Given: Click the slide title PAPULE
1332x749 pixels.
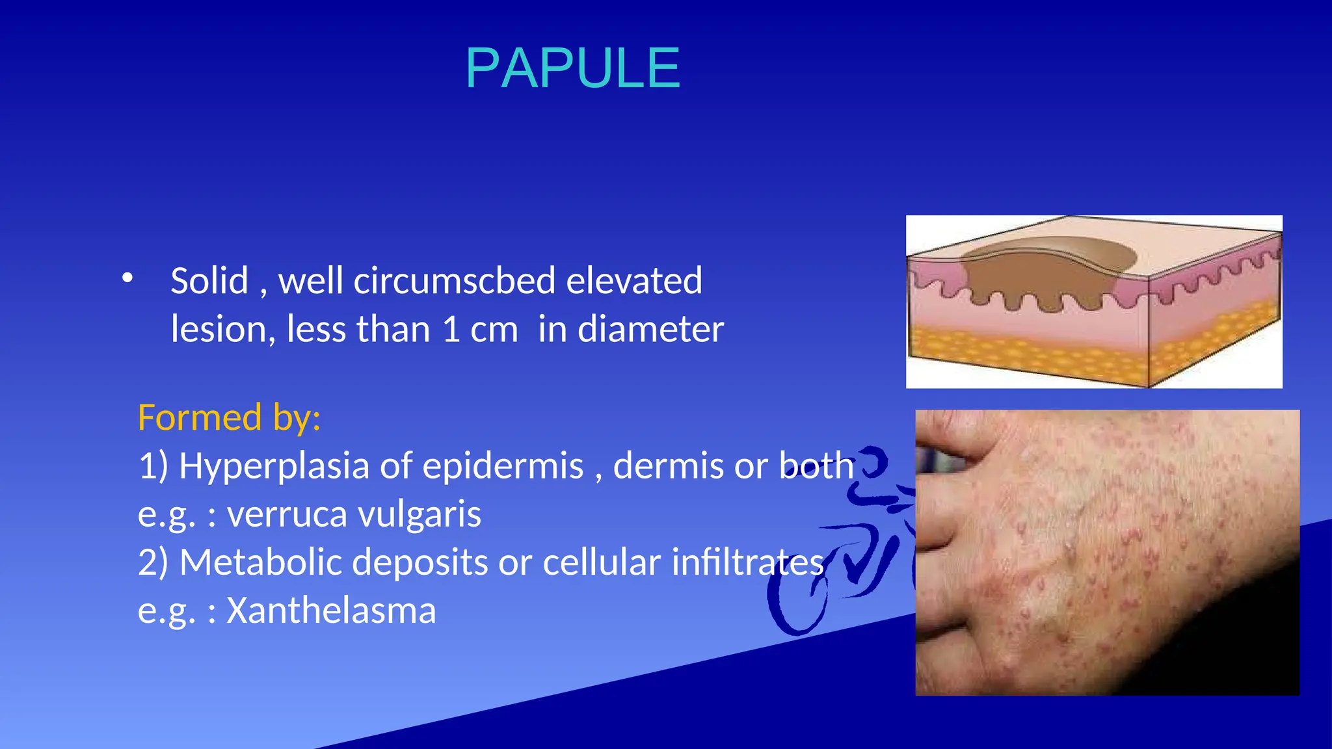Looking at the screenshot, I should [572, 68].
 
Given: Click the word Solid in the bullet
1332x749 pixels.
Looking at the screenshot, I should [209, 281].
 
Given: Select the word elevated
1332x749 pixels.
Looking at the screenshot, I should [634, 281].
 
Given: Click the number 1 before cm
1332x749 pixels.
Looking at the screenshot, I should [451, 329].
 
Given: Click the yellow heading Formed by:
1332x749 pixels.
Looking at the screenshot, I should [229, 417].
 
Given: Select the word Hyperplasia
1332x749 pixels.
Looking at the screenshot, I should [274, 466].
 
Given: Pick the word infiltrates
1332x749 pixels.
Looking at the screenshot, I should [748, 562].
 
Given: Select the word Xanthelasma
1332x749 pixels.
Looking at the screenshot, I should [331, 611].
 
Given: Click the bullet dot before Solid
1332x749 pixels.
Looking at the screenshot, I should [127, 278].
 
